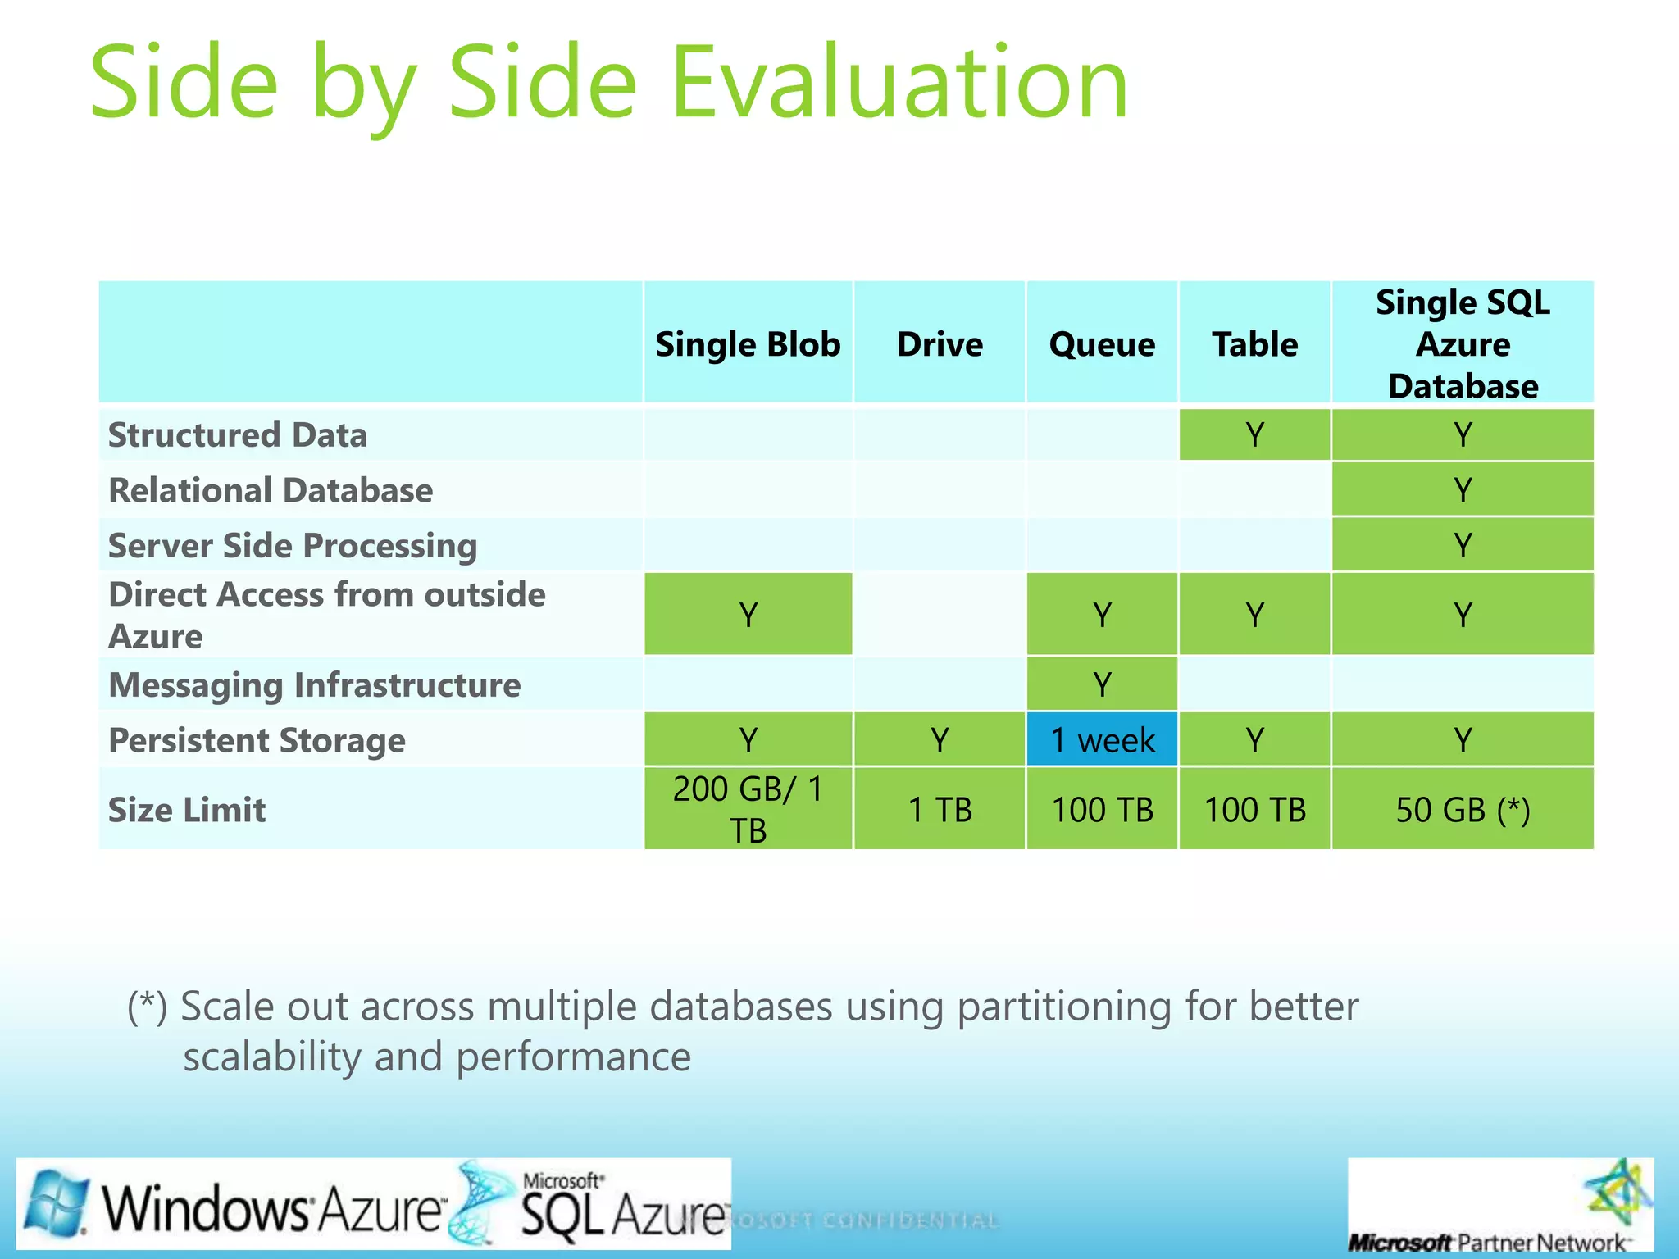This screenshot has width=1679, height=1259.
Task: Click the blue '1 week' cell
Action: [1102, 740]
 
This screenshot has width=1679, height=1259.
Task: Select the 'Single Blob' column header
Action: [748, 344]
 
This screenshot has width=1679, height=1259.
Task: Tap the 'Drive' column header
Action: [940, 344]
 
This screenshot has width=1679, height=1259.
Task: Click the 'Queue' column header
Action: [1102, 344]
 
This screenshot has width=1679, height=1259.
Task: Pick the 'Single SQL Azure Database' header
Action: [1463, 344]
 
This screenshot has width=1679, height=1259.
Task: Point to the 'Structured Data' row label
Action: [238, 435]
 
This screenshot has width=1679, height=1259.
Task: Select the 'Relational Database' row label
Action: [271, 490]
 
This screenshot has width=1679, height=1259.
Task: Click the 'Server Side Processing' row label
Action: [293, 546]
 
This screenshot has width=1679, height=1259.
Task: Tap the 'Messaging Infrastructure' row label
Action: [315, 685]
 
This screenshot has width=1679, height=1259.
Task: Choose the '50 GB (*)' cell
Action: [1463, 810]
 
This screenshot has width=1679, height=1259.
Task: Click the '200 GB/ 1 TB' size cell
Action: [748, 810]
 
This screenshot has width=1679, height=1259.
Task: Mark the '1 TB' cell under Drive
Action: [940, 810]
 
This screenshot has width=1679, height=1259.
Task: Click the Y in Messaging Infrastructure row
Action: [1102, 684]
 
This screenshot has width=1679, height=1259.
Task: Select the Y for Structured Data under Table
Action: [1254, 435]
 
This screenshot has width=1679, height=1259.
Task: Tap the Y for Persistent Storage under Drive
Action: [940, 740]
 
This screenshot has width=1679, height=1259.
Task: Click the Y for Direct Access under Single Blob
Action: [748, 615]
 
